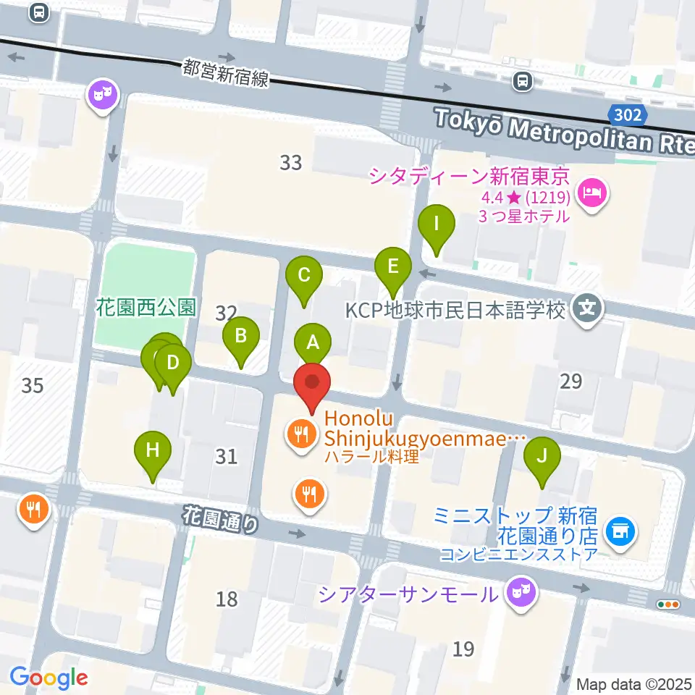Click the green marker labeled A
(313, 342)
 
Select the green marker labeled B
(241, 336)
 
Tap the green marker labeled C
(304, 275)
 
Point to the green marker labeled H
(153, 451)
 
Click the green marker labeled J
(542, 457)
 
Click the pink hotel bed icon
(593, 193)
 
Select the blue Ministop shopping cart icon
(621, 533)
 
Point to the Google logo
(49, 678)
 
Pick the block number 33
(290, 163)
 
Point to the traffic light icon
(667, 605)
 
